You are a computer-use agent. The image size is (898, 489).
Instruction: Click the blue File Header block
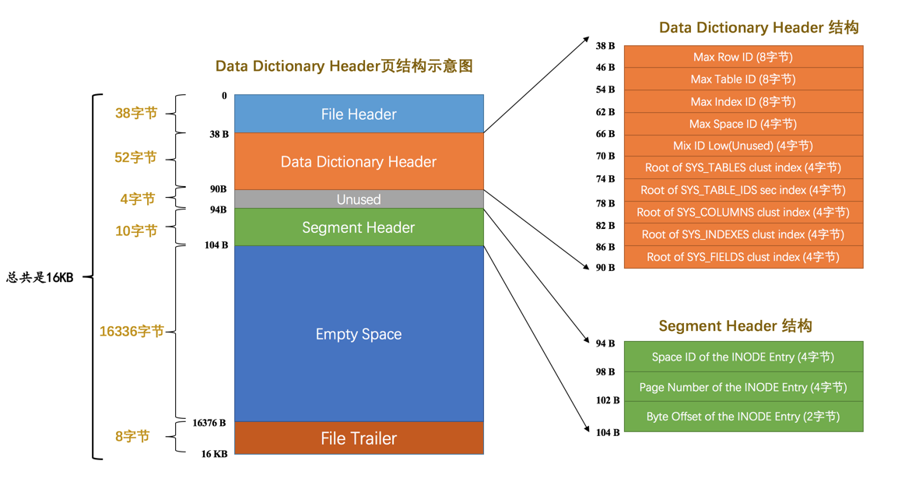click(x=359, y=114)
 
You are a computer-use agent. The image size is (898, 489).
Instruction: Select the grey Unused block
click(x=359, y=199)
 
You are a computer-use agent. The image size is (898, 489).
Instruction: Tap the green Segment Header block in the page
click(x=359, y=227)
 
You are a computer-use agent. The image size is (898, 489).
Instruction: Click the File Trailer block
click(x=359, y=438)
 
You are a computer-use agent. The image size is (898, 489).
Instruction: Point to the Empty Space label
click(x=359, y=334)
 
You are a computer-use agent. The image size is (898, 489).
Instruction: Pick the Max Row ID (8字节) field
click(x=743, y=57)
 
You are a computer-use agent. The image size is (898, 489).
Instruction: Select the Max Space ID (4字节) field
click(x=743, y=124)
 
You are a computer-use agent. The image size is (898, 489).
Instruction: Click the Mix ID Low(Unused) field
click(x=743, y=146)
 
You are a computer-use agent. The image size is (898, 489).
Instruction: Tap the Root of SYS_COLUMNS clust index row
click(x=743, y=212)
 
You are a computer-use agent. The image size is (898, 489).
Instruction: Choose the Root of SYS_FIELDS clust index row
click(x=743, y=257)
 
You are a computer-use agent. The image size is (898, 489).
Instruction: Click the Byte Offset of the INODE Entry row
click(x=743, y=417)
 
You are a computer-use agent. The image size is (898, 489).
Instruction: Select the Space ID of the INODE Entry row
click(x=743, y=357)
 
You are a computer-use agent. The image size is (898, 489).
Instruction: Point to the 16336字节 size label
click(x=132, y=332)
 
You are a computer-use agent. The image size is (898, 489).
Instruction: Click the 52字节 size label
click(x=136, y=157)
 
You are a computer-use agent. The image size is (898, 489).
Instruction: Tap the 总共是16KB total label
click(x=40, y=277)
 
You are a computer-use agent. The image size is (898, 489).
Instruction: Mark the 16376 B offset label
click(x=209, y=423)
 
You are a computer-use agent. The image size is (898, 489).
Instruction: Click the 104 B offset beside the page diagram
click(x=216, y=245)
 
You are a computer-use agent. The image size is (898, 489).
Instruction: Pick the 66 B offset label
click(x=605, y=134)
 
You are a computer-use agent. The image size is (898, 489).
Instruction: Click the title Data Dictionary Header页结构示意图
click(x=344, y=66)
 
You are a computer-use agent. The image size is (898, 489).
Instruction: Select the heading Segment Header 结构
click(x=735, y=325)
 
